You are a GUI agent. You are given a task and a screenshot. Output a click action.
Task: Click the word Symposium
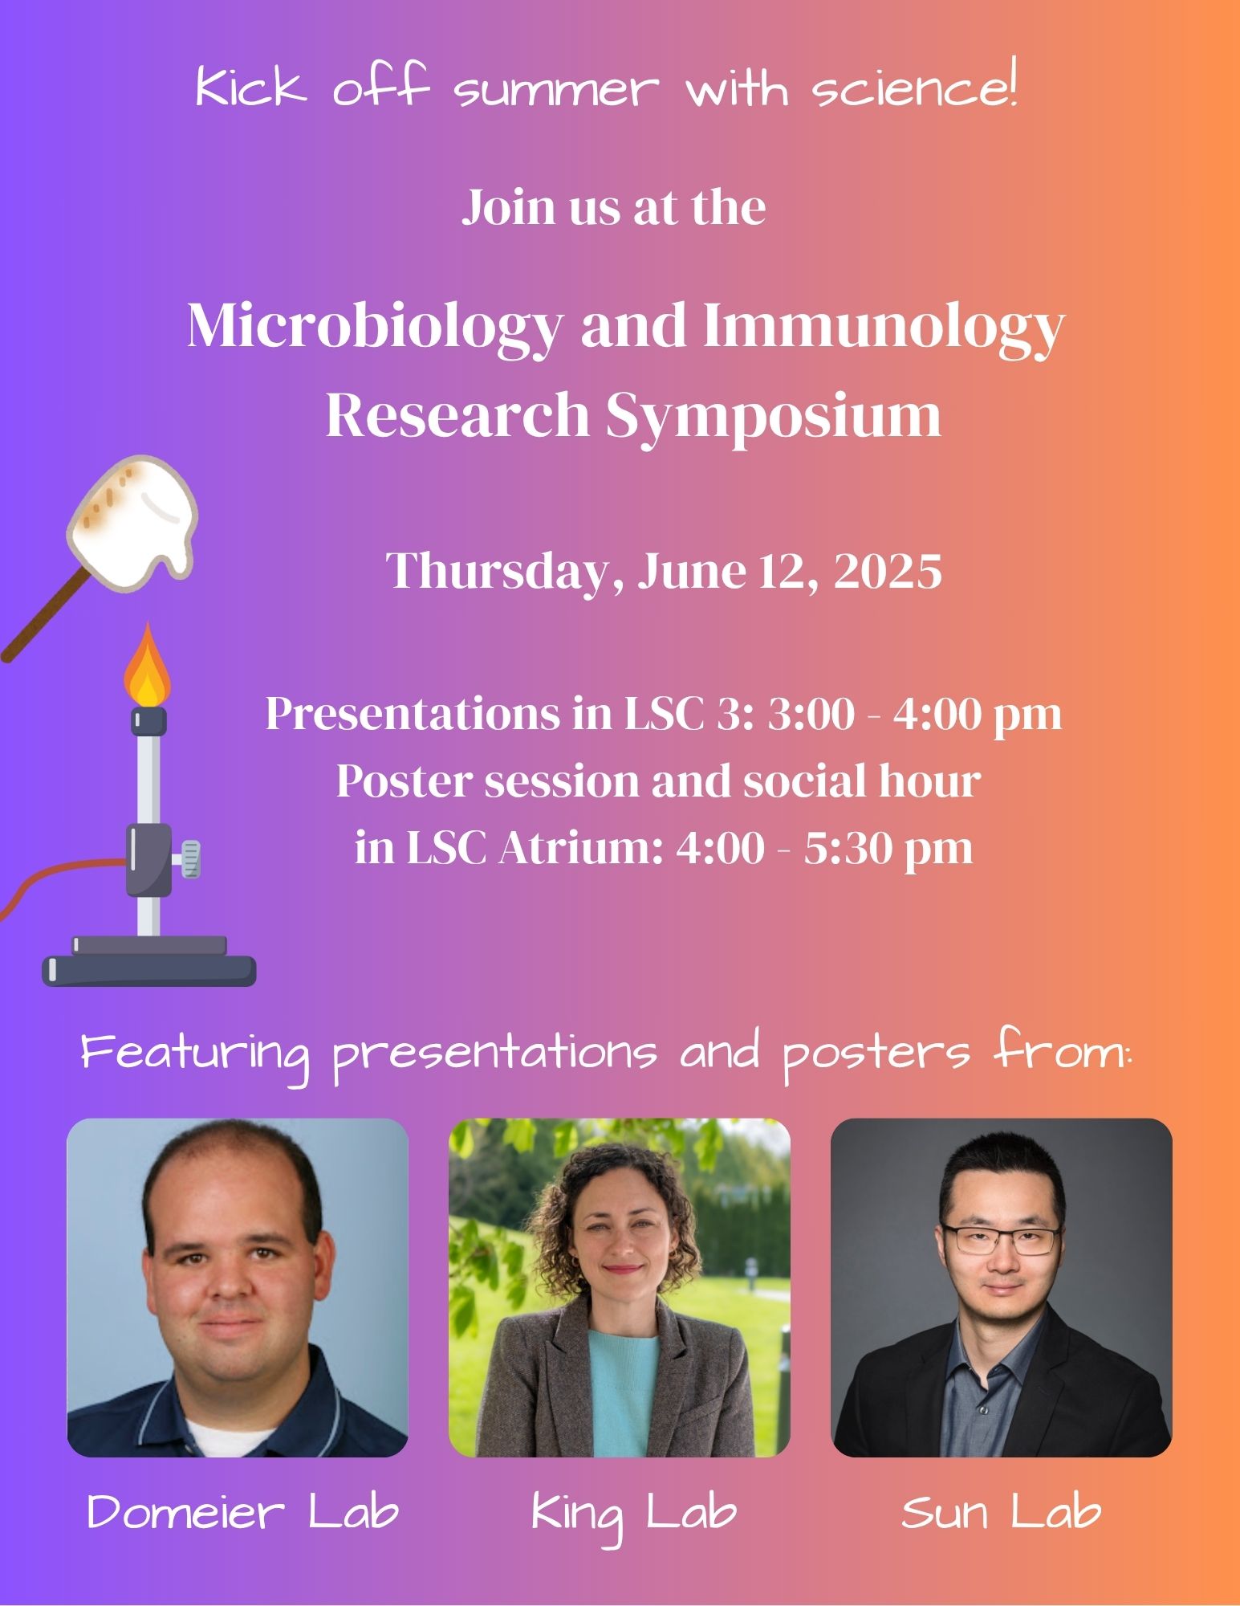click(774, 414)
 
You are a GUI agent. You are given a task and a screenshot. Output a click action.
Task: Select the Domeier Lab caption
click(242, 1512)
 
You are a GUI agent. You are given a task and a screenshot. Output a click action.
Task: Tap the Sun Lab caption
click(1001, 1512)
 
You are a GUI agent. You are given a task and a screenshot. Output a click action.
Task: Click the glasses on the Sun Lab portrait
click(1000, 1240)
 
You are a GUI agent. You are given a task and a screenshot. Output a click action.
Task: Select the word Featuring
click(195, 1054)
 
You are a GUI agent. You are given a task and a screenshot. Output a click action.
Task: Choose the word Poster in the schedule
click(405, 781)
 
